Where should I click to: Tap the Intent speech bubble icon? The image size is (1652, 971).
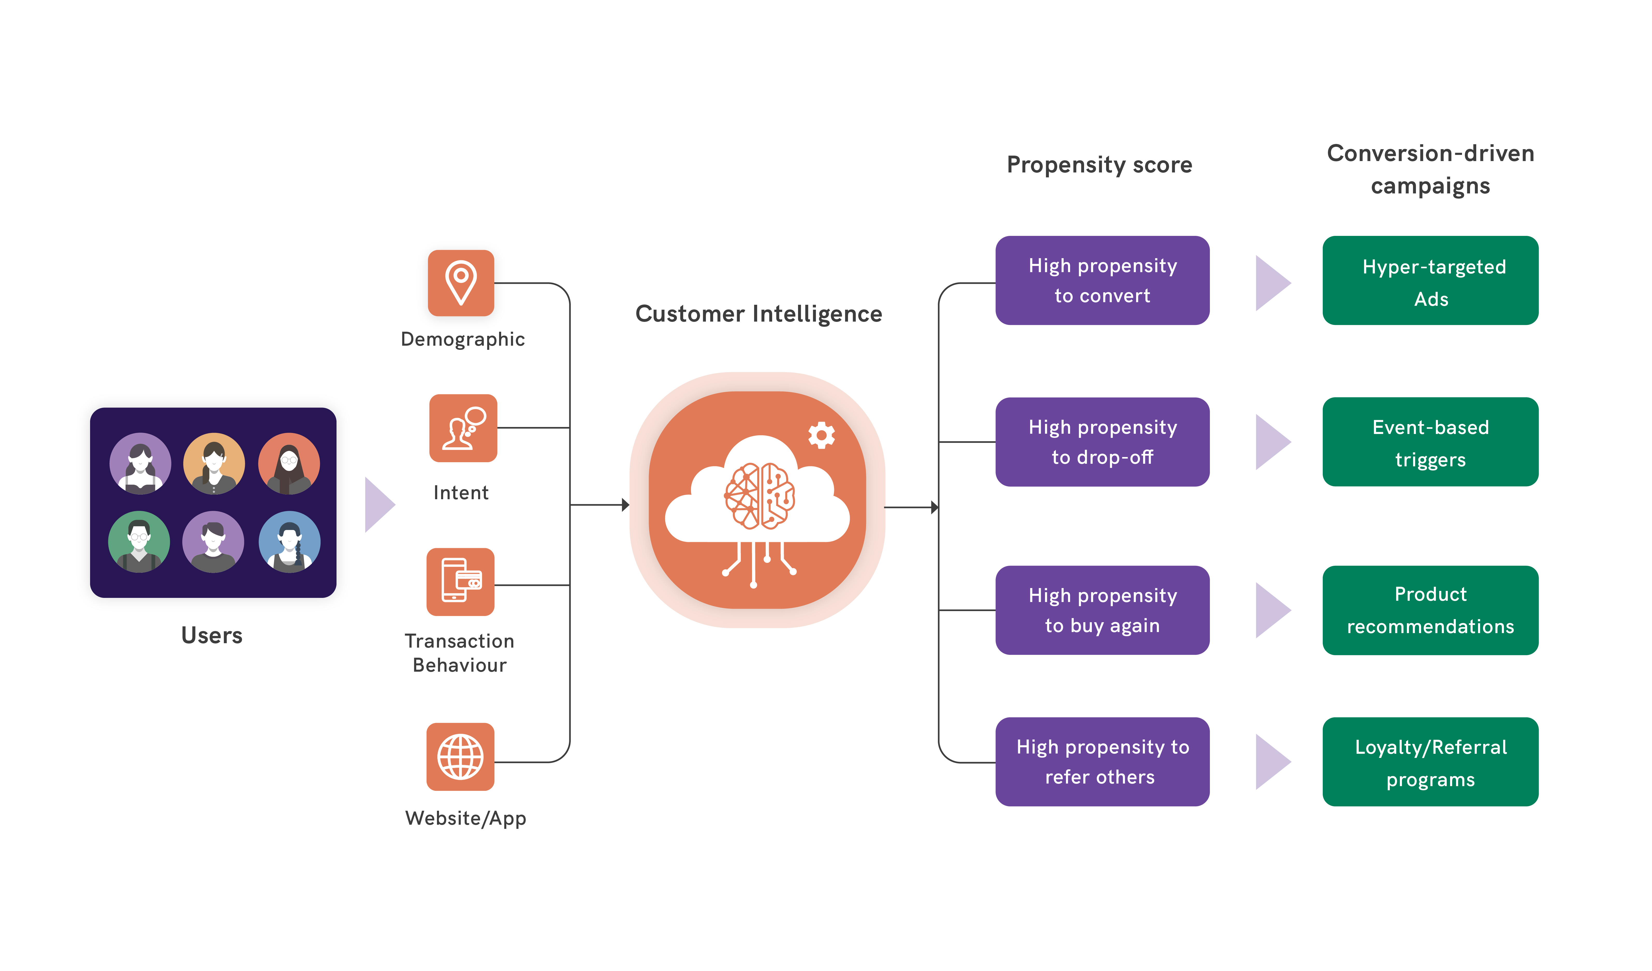463,428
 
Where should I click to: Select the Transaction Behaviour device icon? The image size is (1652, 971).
460,582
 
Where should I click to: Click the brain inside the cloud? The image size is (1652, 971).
759,496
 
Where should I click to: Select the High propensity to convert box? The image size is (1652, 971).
1102,281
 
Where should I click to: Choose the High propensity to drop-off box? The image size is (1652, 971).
1102,442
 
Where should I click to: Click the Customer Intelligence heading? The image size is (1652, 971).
758,314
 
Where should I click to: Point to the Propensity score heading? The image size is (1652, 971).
1099,165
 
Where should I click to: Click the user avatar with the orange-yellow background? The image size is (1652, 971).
214,463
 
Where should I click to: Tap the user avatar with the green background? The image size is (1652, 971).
139,541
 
